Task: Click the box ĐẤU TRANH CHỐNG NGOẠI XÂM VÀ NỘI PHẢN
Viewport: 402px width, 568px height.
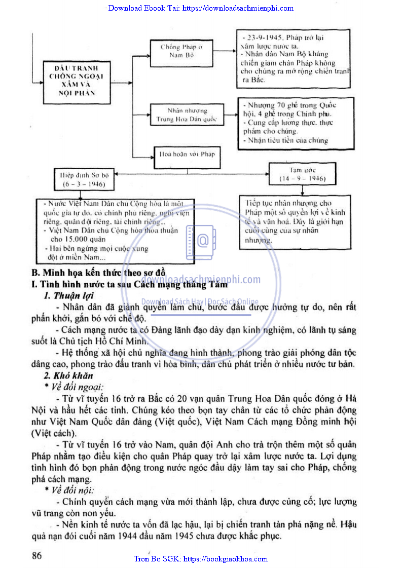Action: [76, 80]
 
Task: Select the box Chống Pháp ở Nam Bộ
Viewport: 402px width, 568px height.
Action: [181, 51]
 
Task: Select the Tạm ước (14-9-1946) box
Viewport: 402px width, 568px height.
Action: [302, 174]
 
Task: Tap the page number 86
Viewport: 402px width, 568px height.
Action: [36, 555]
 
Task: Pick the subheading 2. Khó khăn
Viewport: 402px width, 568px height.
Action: [69, 375]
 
